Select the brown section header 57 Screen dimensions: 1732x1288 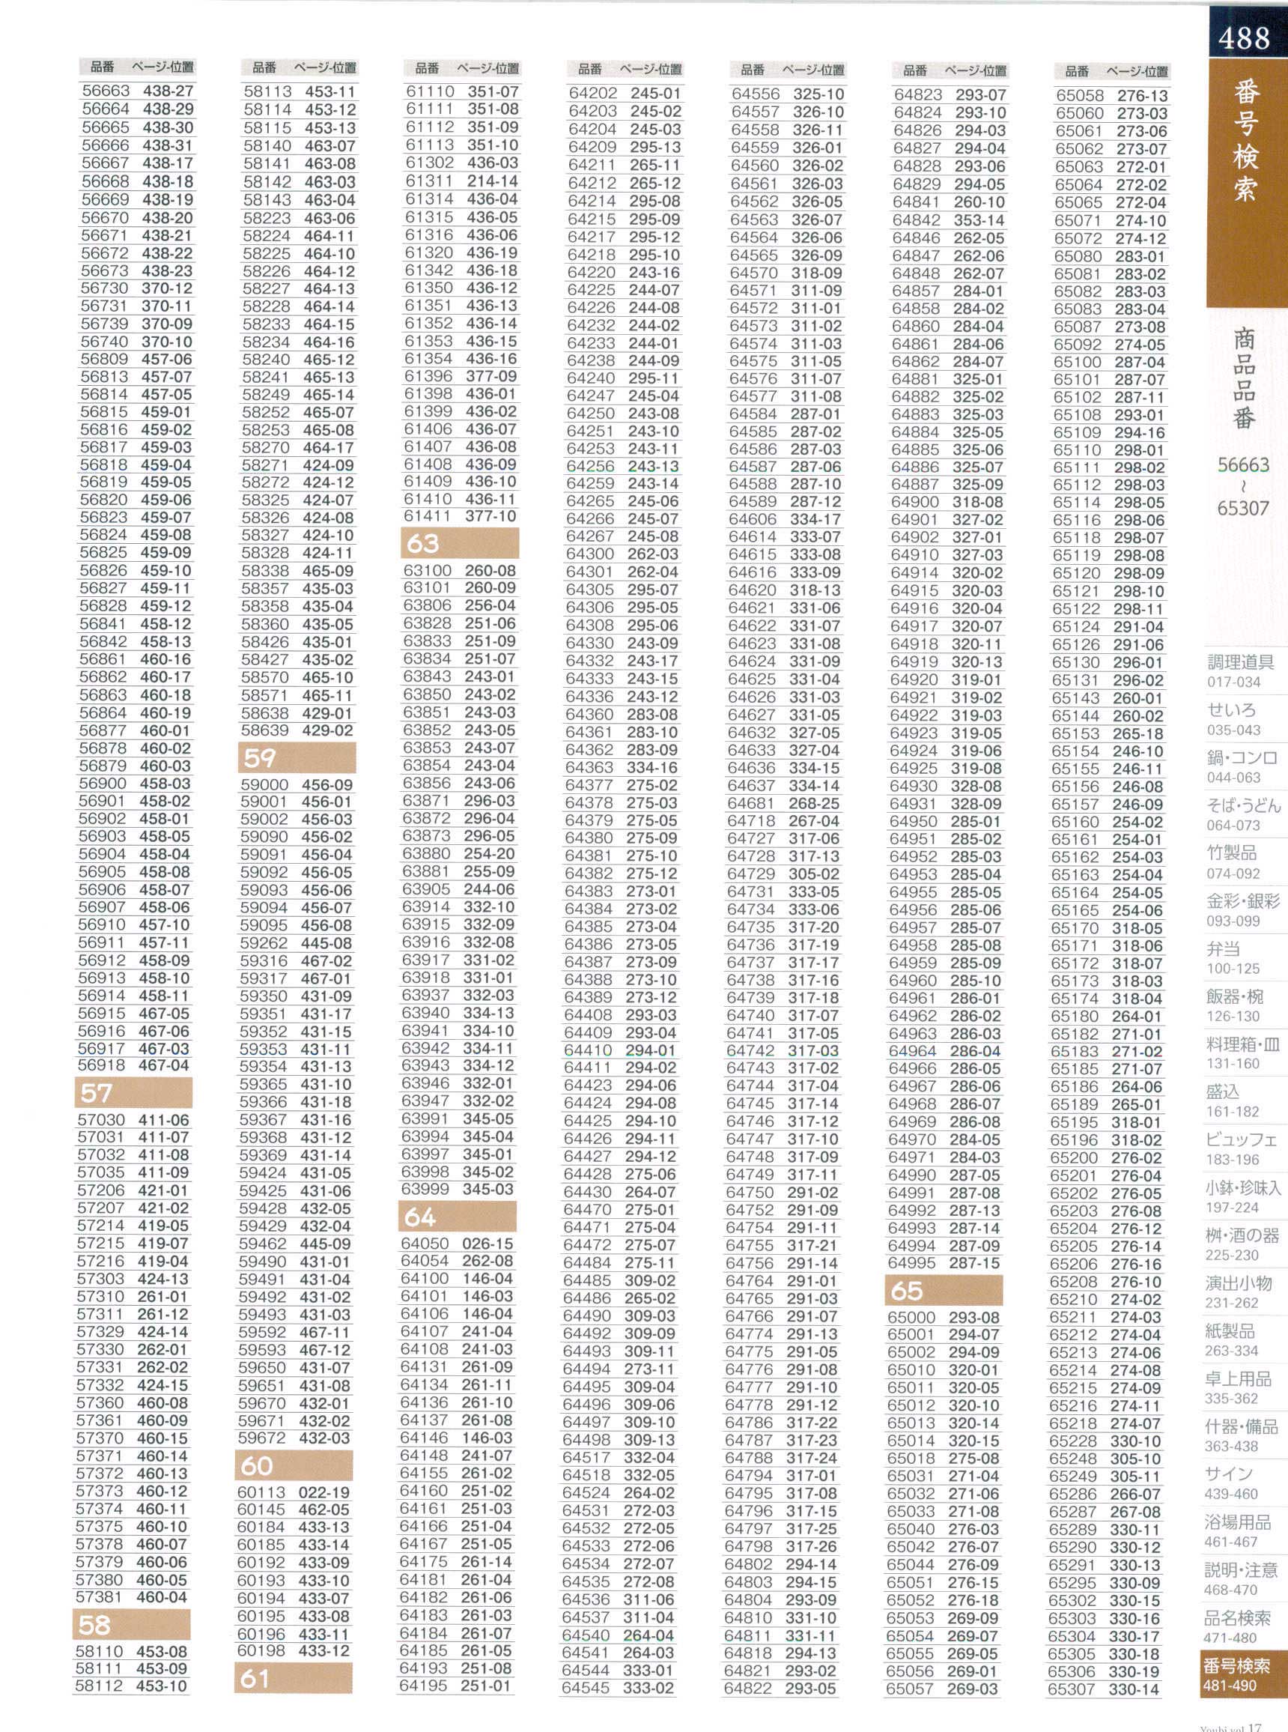click(133, 1092)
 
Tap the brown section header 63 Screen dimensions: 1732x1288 click(460, 543)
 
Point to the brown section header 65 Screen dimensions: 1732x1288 click(944, 1291)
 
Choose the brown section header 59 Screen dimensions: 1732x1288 click(297, 757)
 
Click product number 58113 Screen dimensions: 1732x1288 click(267, 92)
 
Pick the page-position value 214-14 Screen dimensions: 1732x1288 click(492, 181)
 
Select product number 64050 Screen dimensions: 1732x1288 click(425, 1243)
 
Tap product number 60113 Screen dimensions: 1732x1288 click(261, 1492)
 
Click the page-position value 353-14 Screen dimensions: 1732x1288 click(979, 220)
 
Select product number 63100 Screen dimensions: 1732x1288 click(428, 570)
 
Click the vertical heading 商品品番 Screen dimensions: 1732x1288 click(1244, 378)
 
